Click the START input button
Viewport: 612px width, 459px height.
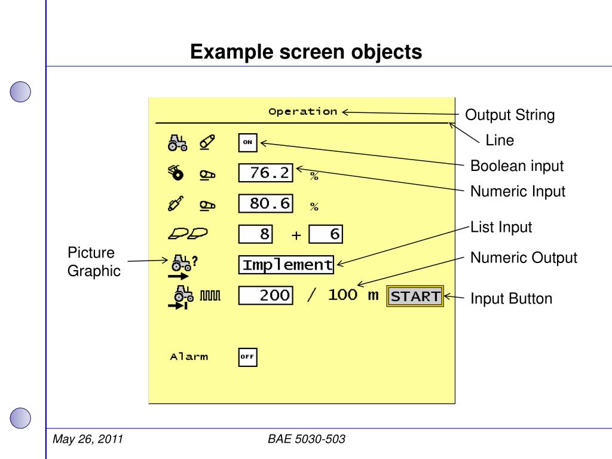point(415,296)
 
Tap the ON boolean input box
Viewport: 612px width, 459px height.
point(247,143)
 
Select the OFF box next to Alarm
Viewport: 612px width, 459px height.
point(247,357)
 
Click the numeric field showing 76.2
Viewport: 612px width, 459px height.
point(265,173)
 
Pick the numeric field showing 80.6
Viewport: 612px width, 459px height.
point(265,204)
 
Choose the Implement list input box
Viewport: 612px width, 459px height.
point(287,265)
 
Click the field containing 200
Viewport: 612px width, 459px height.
point(265,295)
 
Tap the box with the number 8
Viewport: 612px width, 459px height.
point(256,234)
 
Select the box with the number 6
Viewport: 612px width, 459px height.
point(326,234)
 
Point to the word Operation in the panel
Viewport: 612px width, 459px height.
point(302,111)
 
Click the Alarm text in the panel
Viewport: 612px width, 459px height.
point(189,357)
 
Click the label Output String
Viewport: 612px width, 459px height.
point(510,115)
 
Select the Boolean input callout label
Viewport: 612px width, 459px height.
point(517,166)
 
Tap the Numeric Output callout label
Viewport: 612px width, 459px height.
point(524,258)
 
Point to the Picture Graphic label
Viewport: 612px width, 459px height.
point(93,262)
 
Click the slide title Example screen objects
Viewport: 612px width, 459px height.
point(306,52)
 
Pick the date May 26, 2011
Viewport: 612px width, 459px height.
point(88,440)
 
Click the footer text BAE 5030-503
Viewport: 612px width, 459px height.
point(307,440)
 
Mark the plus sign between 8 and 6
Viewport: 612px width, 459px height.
point(296,235)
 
